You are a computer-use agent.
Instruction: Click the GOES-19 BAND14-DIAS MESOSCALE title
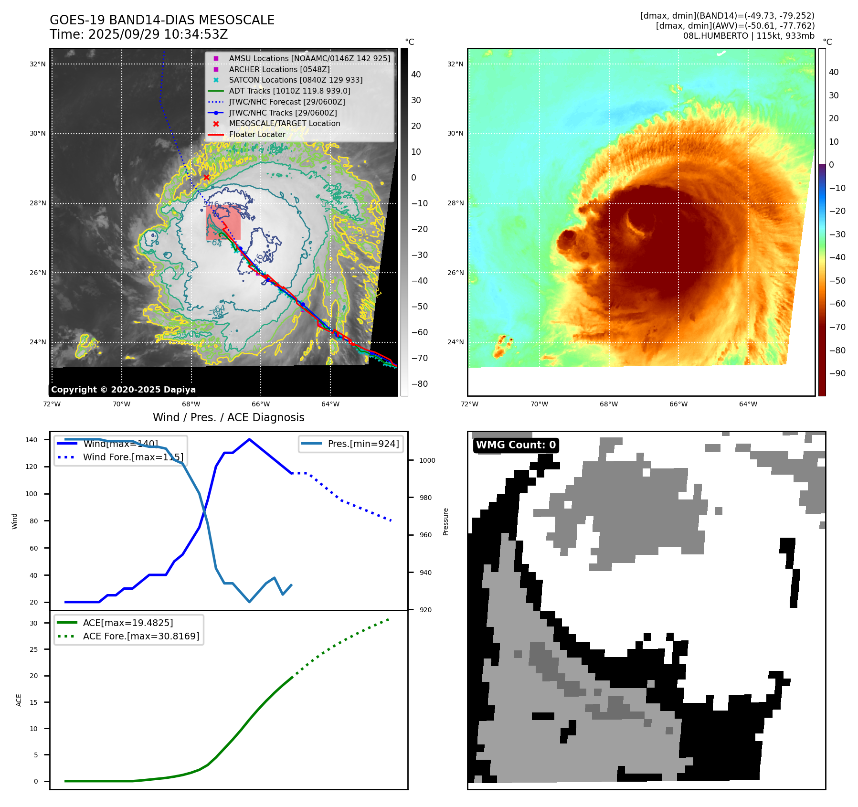[162, 20]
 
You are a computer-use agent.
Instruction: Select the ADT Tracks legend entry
[289, 91]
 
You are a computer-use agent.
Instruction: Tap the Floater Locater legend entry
[257, 135]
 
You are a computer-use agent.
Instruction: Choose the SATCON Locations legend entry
[296, 80]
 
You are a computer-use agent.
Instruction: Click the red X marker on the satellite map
[206, 178]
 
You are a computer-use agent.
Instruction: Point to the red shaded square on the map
[223, 223]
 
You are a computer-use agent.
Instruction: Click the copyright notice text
[123, 390]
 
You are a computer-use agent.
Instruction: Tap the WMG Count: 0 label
[516, 445]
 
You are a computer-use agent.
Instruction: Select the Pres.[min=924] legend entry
[363, 444]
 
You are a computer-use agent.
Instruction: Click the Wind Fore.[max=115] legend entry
[133, 457]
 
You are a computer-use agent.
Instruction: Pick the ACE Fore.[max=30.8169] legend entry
[141, 636]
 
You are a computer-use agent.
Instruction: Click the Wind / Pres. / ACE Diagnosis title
[228, 417]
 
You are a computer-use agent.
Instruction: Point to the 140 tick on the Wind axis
[32, 440]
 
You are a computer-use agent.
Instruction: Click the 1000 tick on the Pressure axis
[427, 460]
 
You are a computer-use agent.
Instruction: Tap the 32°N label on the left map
[38, 64]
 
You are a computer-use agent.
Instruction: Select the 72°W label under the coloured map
[469, 404]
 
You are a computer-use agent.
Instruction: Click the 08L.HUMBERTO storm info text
[748, 36]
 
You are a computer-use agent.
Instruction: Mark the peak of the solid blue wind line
[249, 439]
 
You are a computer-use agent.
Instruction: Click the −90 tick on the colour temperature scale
[837, 373]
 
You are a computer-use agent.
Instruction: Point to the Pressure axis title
[445, 521]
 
